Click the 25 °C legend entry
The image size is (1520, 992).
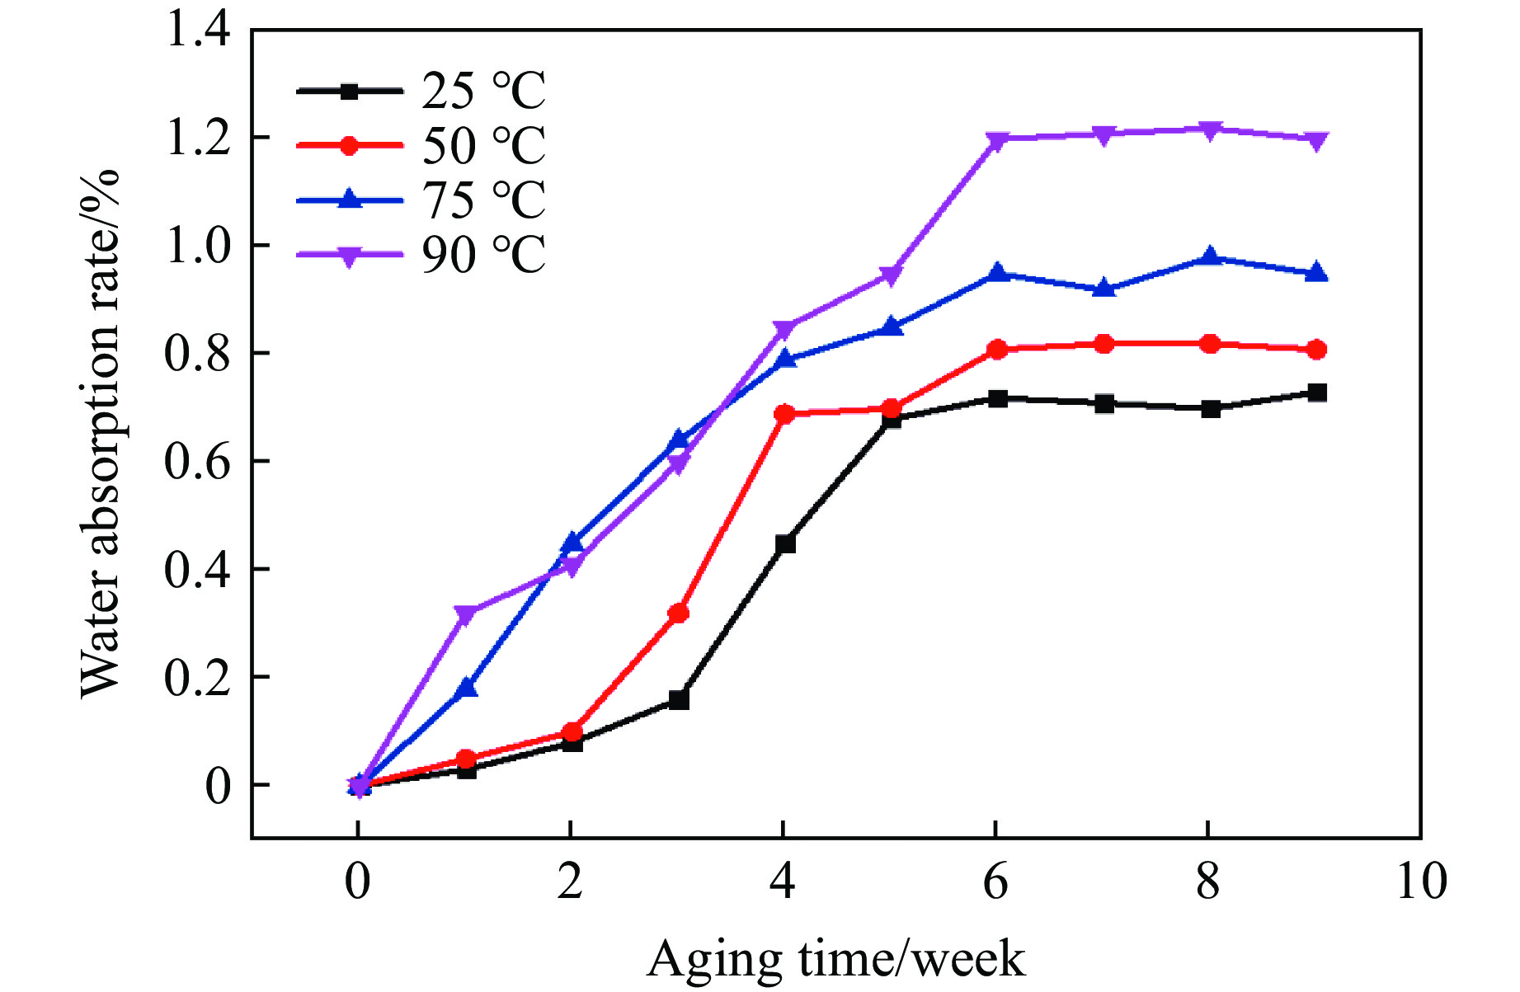coord(421,91)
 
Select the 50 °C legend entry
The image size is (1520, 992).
coord(421,145)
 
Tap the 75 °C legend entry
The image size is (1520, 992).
coord(421,200)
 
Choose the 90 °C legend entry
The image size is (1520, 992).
coord(421,254)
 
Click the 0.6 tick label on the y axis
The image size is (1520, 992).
coord(198,461)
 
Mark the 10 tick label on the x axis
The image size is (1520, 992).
coord(1421,882)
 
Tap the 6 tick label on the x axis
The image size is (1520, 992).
coord(996,882)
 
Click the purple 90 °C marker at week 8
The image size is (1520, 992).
coord(1210,130)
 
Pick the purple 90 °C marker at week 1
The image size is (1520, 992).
coord(465,614)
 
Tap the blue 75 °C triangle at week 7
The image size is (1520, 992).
coord(1104,289)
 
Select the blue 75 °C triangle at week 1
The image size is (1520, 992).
coord(467,688)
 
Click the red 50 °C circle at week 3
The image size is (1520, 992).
coord(679,613)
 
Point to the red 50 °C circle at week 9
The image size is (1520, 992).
coord(1316,350)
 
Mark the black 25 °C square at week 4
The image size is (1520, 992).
coord(785,543)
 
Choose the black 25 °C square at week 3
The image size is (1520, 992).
coord(679,700)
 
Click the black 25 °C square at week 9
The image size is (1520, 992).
coord(1317,393)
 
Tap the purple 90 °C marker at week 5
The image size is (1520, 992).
coord(891,275)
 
